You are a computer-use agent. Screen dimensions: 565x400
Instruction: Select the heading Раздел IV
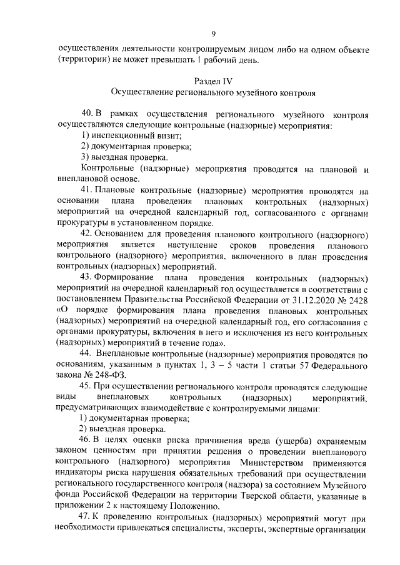(213, 81)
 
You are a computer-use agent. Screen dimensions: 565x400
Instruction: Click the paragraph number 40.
(86, 114)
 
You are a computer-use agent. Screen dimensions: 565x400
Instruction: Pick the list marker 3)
(86, 157)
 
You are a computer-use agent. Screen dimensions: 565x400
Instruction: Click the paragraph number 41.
(86, 190)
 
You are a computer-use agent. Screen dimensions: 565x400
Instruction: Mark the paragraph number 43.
(86, 277)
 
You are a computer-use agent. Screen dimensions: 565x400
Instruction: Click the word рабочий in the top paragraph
(224, 59)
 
